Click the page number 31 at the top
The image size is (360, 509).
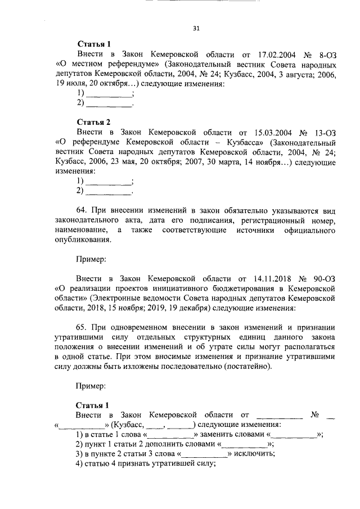[x=196, y=28]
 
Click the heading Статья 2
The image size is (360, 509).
[x=93, y=121]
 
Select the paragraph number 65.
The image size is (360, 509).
[x=82, y=327]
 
